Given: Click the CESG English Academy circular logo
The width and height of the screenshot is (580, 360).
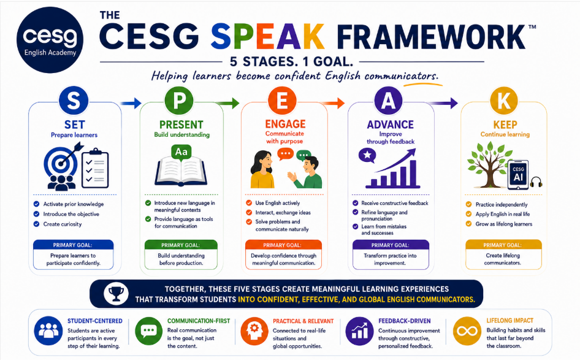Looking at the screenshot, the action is [x=50, y=40].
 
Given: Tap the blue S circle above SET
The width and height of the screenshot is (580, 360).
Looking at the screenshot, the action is [x=74, y=101].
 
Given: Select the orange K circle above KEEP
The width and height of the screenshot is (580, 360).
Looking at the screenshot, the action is [x=505, y=100].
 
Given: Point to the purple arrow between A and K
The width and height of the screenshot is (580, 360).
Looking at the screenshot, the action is [x=443, y=102].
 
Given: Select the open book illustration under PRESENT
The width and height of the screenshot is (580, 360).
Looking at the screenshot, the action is [x=181, y=172].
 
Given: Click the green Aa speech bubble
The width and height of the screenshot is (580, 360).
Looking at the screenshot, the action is [x=181, y=152].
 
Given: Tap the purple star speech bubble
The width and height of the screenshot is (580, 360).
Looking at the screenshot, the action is [x=367, y=155].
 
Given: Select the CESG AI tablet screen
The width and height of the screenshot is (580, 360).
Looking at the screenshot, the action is [x=518, y=175].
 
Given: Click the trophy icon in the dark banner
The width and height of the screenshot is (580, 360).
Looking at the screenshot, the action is [x=116, y=293].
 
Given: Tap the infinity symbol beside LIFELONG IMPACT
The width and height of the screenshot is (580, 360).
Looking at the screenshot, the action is [x=467, y=331].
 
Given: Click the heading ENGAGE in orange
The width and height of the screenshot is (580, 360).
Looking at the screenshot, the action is [x=285, y=124].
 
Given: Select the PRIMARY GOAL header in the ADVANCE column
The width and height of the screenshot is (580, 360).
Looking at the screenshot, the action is [x=391, y=245].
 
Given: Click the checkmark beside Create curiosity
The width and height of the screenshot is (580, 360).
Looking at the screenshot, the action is [x=36, y=224].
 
